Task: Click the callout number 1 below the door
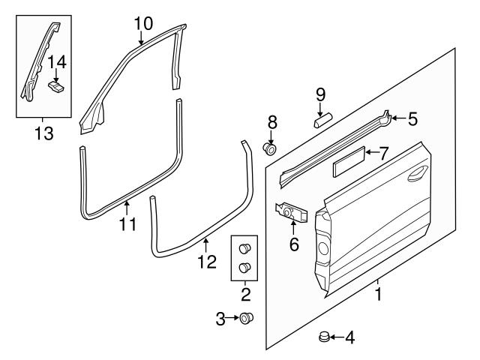(378, 295)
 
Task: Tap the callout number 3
(220, 319)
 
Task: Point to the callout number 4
(349, 338)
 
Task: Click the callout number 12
(207, 262)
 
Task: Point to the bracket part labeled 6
(292, 214)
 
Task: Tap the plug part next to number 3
(245, 319)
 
